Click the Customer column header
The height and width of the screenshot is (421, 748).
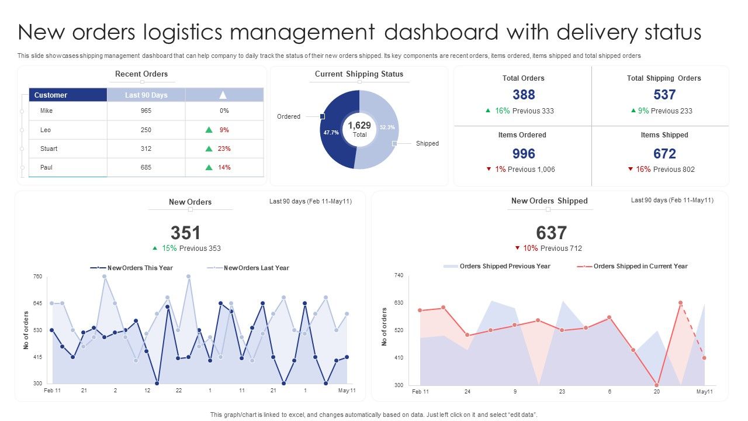[x=51, y=95]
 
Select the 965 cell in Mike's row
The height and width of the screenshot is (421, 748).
[x=146, y=111]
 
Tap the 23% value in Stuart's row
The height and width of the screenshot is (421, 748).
[x=224, y=149]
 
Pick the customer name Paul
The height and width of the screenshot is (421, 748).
[x=46, y=167]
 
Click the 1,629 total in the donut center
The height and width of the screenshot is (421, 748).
[x=359, y=126]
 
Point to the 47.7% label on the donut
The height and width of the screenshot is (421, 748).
[x=331, y=133]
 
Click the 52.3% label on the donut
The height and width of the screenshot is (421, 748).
[x=387, y=127]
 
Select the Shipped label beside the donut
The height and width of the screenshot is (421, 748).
[x=427, y=143]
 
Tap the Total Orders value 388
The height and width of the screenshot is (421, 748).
[x=524, y=95]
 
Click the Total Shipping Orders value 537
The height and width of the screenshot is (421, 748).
[x=664, y=95]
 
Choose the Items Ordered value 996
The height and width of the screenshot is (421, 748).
[x=524, y=154]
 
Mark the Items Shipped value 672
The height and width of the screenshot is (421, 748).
[x=664, y=154]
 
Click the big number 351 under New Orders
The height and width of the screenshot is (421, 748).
[x=185, y=233]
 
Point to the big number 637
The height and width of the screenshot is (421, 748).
[x=551, y=233]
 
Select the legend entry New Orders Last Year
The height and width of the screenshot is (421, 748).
[x=256, y=268]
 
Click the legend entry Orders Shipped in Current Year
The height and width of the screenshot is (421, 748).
[x=640, y=266]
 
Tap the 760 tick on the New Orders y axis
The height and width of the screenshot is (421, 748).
[x=38, y=276]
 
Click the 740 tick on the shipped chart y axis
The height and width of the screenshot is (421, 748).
[x=399, y=275]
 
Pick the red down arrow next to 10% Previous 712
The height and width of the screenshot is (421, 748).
[x=518, y=249]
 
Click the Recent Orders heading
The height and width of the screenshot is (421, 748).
[x=141, y=74]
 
